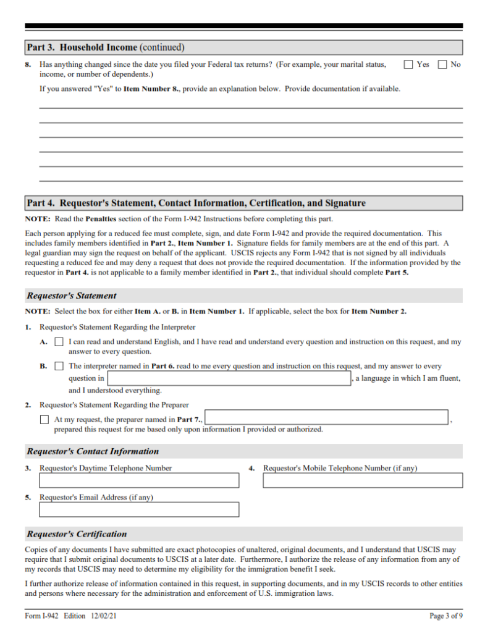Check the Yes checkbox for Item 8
(408, 64)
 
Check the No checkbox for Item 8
(442, 64)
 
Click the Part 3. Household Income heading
(105, 48)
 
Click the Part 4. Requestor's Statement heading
(196, 203)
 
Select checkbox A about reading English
(59, 342)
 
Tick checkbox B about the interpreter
(59, 366)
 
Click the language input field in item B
(229, 378)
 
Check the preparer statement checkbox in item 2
(44, 420)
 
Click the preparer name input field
(326, 418)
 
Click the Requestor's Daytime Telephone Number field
(139, 480)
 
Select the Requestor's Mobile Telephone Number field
(363, 480)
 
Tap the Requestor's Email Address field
(139, 509)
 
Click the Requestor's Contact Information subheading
(93, 451)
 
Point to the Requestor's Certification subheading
(77, 534)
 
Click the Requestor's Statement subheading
(71, 295)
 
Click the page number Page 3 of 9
(445, 616)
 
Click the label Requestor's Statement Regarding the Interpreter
(117, 327)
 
